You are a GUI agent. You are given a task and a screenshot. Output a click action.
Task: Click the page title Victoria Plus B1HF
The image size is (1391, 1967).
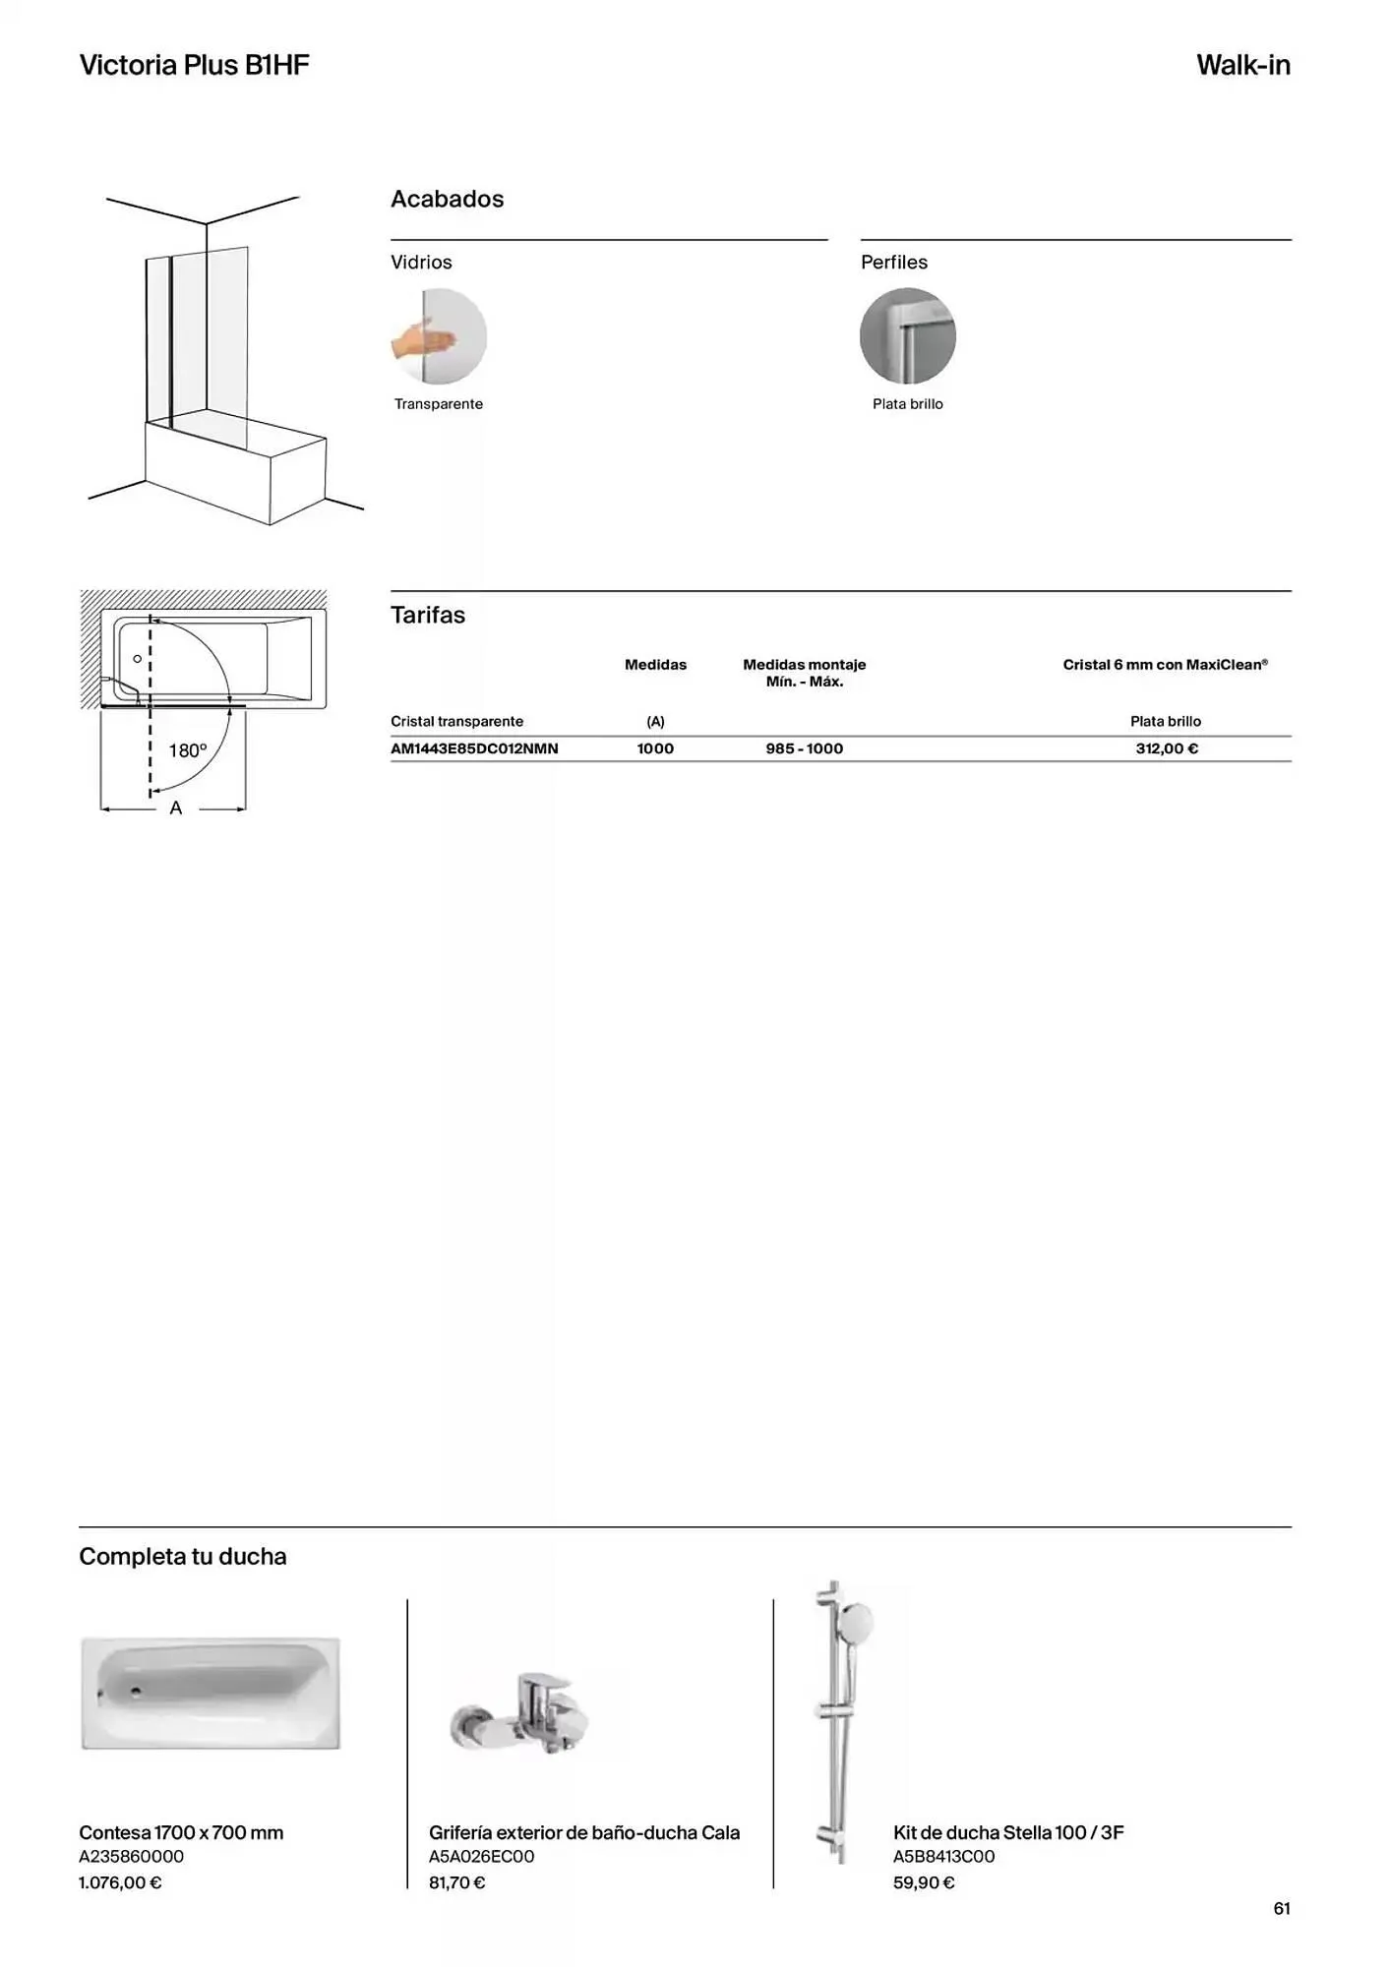pyautogui.click(x=194, y=66)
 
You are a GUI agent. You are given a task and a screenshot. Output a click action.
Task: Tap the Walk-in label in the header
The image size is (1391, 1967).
pyautogui.click(x=1242, y=66)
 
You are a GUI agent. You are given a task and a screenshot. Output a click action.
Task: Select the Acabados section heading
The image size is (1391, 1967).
pyautogui.click(x=447, y=200)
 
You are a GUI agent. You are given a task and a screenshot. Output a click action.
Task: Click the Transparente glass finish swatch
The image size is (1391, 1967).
pyautogui.click(x=439, y=336)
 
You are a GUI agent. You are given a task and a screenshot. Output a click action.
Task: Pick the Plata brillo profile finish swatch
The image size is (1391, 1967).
pyautogui.click(x=907, y=336)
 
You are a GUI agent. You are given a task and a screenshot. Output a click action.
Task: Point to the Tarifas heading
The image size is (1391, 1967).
pyautogui.click(x=428, y=616)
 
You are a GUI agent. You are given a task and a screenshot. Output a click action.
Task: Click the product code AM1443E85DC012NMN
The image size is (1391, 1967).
pyautogui.click(x=474, y=749)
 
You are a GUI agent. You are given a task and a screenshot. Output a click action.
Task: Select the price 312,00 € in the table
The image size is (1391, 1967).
pyautogui.click(x=1166, y=749)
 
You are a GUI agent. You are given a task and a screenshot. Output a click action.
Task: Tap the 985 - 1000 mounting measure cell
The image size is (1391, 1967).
pyautogui.click(x=804, y=749)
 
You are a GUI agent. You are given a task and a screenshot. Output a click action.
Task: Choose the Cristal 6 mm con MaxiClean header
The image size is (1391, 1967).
pyautogui.click(x=1165, y=665)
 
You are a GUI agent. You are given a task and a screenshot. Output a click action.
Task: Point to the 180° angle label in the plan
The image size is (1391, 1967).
pyautogui.click(x=188, y=751)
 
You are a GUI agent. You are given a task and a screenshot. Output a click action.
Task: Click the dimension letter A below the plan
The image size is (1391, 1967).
pyautogui.click(x=176, y=808)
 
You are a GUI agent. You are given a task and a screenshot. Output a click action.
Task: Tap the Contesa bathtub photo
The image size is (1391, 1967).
pyautogui.click(x=211, y=1693)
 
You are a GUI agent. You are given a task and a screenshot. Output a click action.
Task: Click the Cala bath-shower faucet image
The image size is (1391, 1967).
pyautogui.click(x=521, y=1715)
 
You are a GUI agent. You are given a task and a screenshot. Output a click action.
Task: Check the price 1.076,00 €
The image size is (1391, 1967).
pyautogui.click(x=120, y=1883)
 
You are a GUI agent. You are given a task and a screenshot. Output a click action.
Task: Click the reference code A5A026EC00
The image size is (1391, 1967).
pyautogui.click(x=481, y=1857)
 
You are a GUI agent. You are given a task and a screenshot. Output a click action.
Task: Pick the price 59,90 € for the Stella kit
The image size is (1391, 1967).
pyautogui.click(x=924, y=1883)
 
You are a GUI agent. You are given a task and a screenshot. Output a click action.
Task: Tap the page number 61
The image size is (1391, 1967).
pyautogui.click(x=1281, y=1909)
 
